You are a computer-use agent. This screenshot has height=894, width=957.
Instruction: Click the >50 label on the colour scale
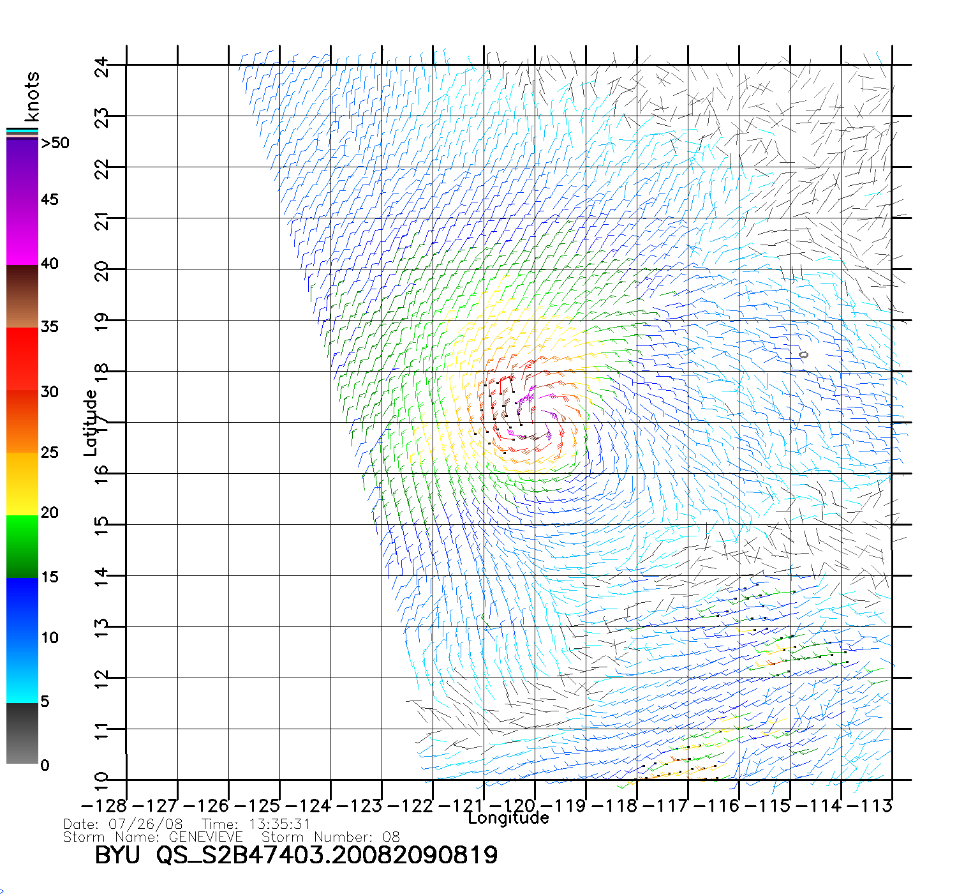(55, 143)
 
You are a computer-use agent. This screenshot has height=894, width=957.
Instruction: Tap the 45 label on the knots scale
(50, 200)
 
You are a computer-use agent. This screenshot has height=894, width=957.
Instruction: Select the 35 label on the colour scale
(50, 327)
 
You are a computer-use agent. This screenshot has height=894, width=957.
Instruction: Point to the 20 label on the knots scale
(50, 513)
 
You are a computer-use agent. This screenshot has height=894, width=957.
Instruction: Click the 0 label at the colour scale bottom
(45, 765)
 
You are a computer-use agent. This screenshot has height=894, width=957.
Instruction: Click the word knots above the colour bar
(31, 96)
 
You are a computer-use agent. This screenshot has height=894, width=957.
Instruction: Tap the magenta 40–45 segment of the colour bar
(22, 233)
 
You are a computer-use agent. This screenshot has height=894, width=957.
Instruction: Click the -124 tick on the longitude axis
(308, 806)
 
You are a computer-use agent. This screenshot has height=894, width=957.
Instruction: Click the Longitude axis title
(508, 818)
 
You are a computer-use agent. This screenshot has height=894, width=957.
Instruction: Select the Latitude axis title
(91, 423)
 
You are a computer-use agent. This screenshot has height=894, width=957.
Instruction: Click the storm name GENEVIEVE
(205, 837)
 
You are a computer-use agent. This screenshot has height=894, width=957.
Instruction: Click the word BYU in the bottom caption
(117, 855)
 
